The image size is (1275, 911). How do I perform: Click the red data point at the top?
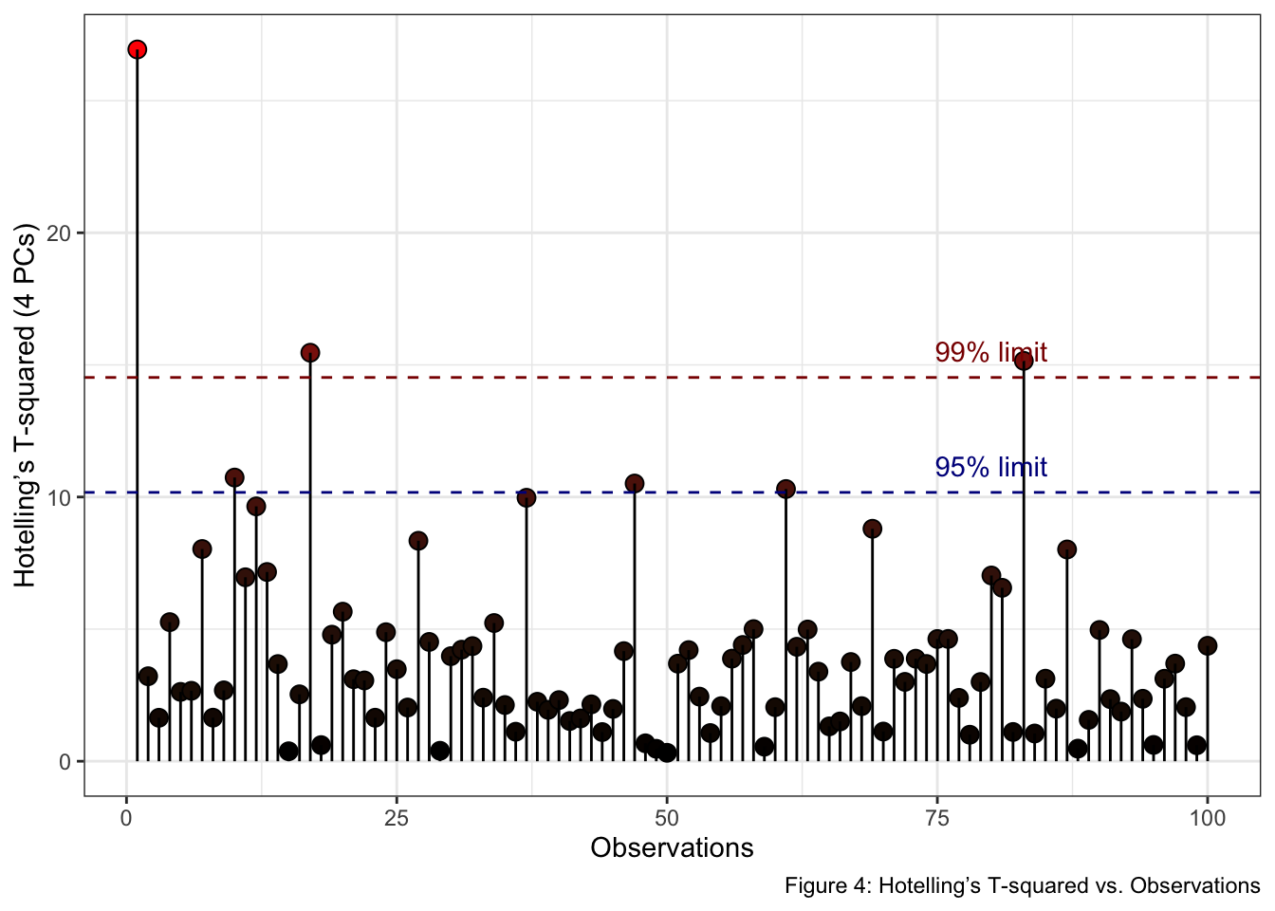tap(138, 49)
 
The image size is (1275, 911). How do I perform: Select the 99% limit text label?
tap(991, 352)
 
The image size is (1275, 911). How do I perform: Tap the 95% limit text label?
tap(991, 467)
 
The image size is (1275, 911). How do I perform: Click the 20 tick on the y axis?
tap(59, 232)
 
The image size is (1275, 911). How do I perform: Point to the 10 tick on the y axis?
tap(59, 497)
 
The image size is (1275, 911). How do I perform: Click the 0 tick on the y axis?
tap(65, 762)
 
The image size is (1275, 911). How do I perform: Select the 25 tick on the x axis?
tap(397, 819)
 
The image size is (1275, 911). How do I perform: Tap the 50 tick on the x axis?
tap(667, 819)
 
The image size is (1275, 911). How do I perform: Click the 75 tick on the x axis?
tap(937, 819)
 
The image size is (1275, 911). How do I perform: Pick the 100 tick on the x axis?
tap(1208, 819)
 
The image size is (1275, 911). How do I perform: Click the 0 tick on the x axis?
tap(126, 819)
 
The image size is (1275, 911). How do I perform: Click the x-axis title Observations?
tap(672, 847)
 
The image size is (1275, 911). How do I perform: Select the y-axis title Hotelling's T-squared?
tap(25, 405)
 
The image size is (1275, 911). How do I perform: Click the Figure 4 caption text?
tap(1023, 886)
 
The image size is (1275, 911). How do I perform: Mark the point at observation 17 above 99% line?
tap(310, 353)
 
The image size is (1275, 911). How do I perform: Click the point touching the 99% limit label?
tap(1024, 361)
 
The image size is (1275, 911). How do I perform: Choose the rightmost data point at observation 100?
tap(1208, 645)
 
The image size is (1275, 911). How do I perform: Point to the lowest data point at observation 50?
tap(667, 753)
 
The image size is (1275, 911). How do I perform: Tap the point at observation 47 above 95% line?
tap(635, 483)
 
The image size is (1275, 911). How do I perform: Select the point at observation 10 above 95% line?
tap(234, 477)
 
